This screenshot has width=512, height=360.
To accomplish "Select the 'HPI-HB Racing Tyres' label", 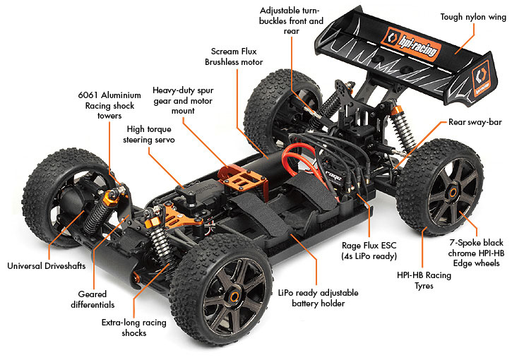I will [424, 281].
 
